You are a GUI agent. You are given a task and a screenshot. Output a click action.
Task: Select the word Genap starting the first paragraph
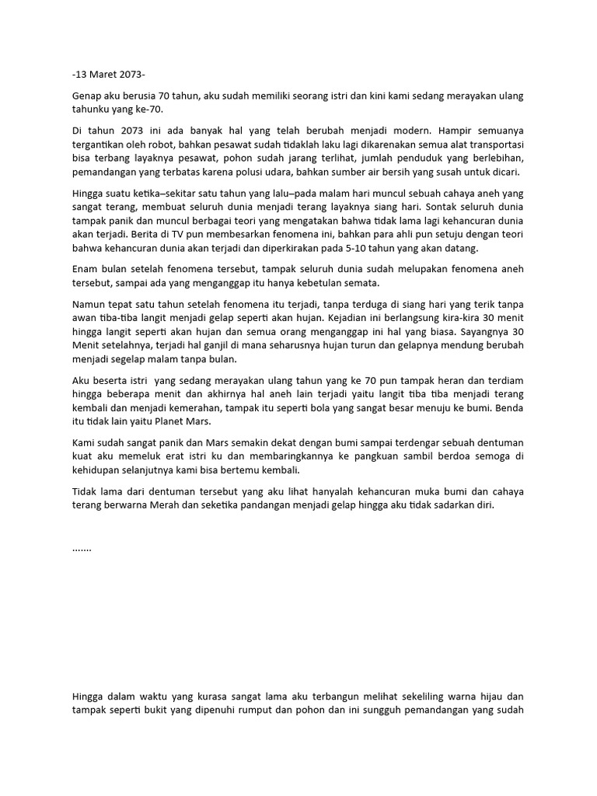[88, 96]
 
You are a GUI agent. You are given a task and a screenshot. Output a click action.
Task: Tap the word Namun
[89, 304]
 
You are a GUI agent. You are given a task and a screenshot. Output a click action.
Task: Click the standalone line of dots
[82, 548]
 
